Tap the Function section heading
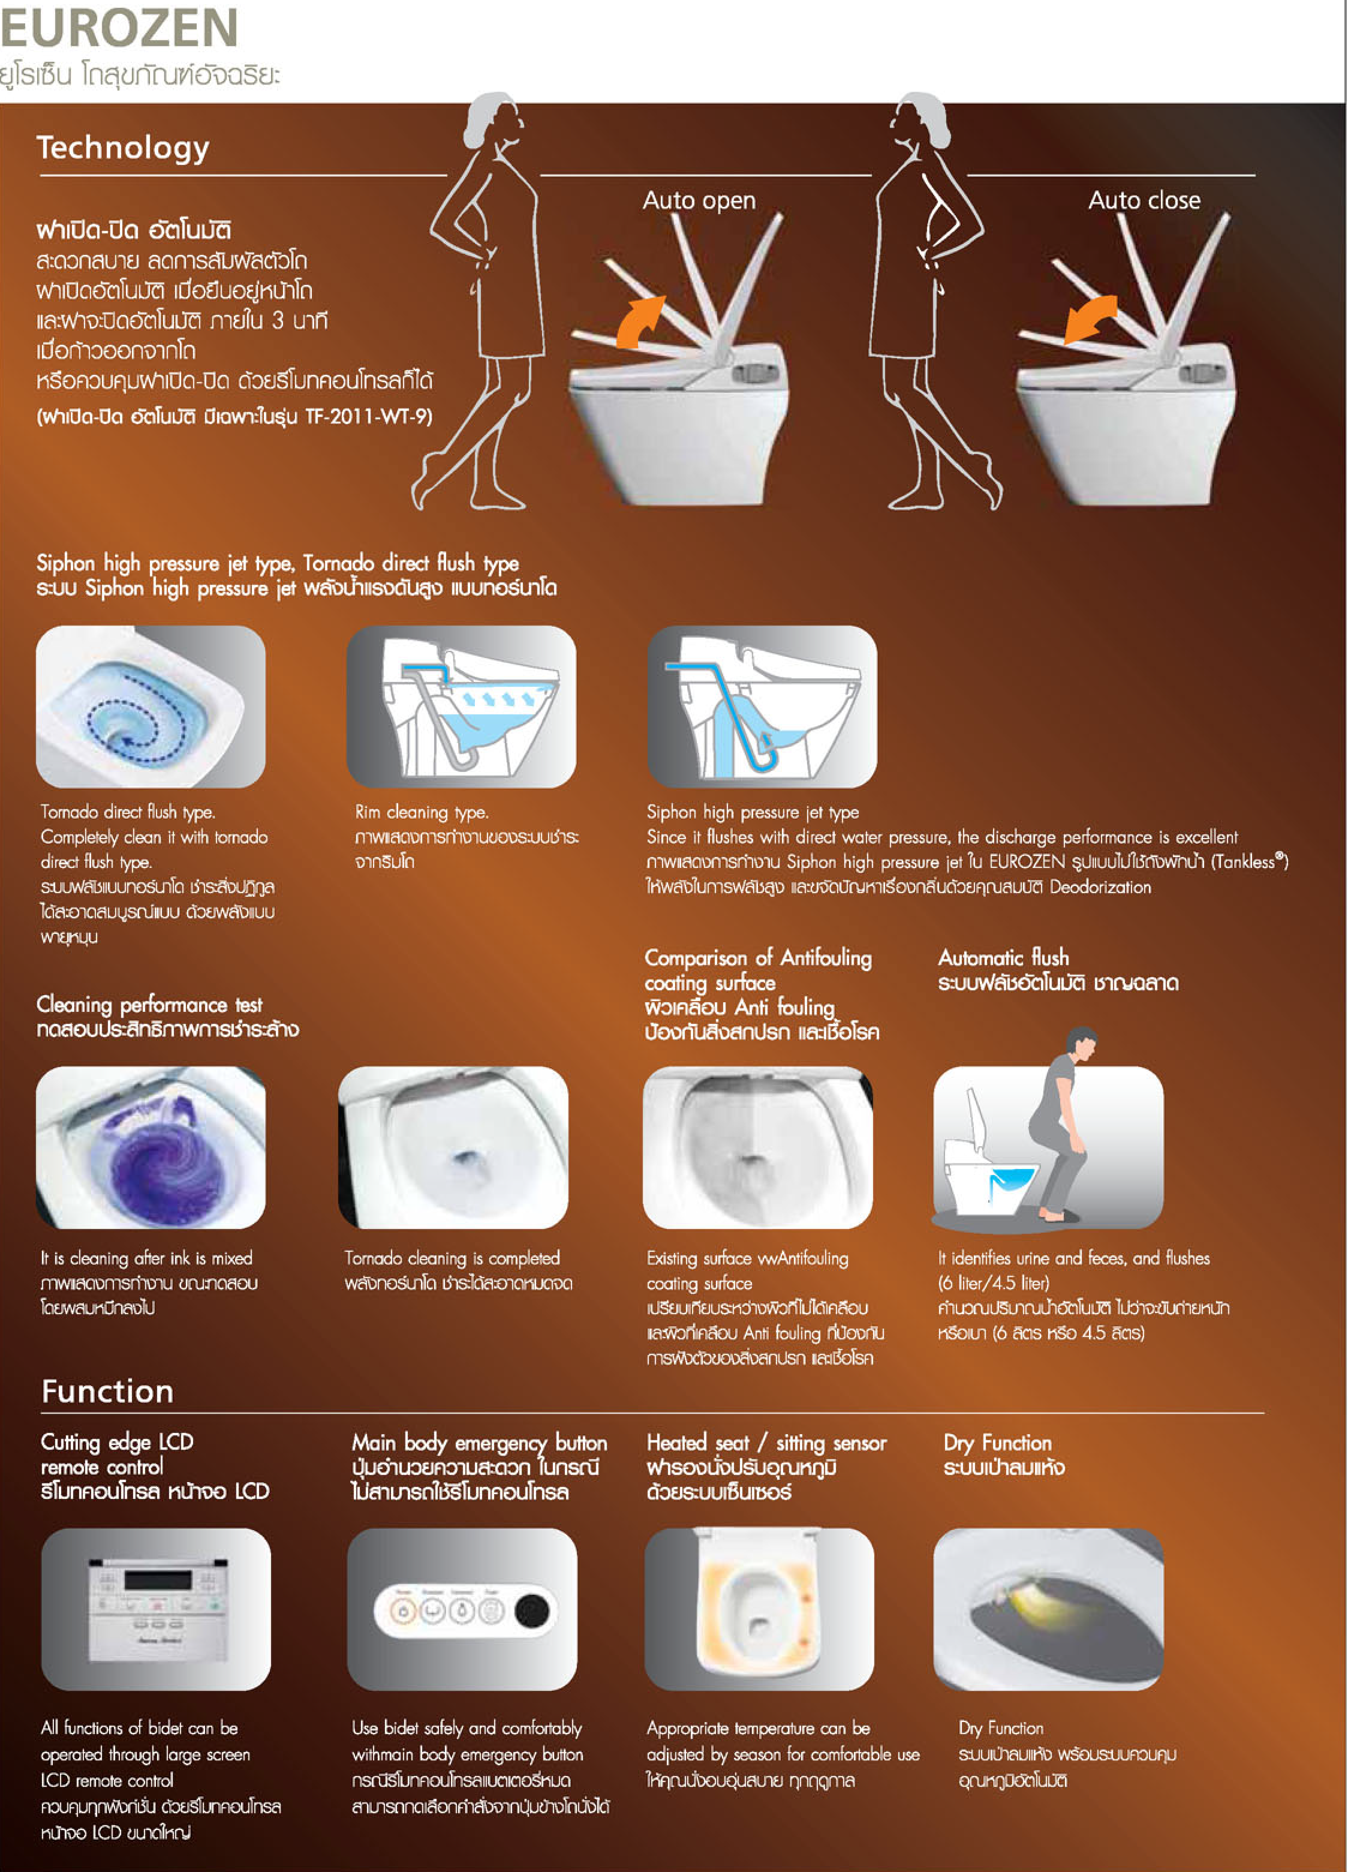pos(108,1392)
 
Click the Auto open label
pos(699,200)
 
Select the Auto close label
pos(1144,200)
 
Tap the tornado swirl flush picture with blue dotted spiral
pos(151,707)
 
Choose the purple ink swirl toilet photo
pos(151,1147)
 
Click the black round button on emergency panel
pos(532,1610)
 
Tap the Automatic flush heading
pos(1003,957)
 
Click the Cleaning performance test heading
pos(149,1005)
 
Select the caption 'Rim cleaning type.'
pos(422,812)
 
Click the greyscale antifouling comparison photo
pos(757,1147)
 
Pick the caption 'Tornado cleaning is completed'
pos(452,1258)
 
